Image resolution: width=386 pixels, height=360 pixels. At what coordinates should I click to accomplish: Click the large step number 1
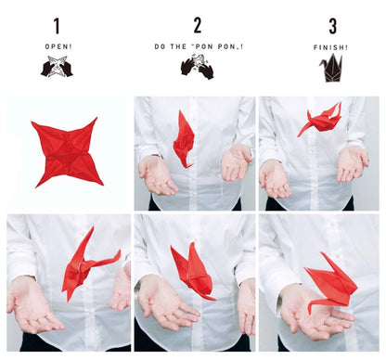[x=57, y=26]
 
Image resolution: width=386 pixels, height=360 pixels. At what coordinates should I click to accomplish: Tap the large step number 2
[x=197, y=26]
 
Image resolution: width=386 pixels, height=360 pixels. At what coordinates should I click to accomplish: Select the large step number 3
[x=331, y=26]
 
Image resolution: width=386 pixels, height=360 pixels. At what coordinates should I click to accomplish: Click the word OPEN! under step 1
[x=57, y=46]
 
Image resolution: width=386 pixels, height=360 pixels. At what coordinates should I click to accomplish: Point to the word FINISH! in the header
[x=331, y=46]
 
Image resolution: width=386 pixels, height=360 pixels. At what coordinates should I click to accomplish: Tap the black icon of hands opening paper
[x=57, y=67]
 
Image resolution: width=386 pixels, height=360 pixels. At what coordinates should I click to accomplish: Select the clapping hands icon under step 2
[x=196, y=67]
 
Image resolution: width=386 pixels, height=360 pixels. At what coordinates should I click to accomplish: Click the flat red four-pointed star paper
[x=67, y=151]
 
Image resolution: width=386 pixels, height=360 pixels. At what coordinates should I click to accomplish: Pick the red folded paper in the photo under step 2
[x=184, y=139]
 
